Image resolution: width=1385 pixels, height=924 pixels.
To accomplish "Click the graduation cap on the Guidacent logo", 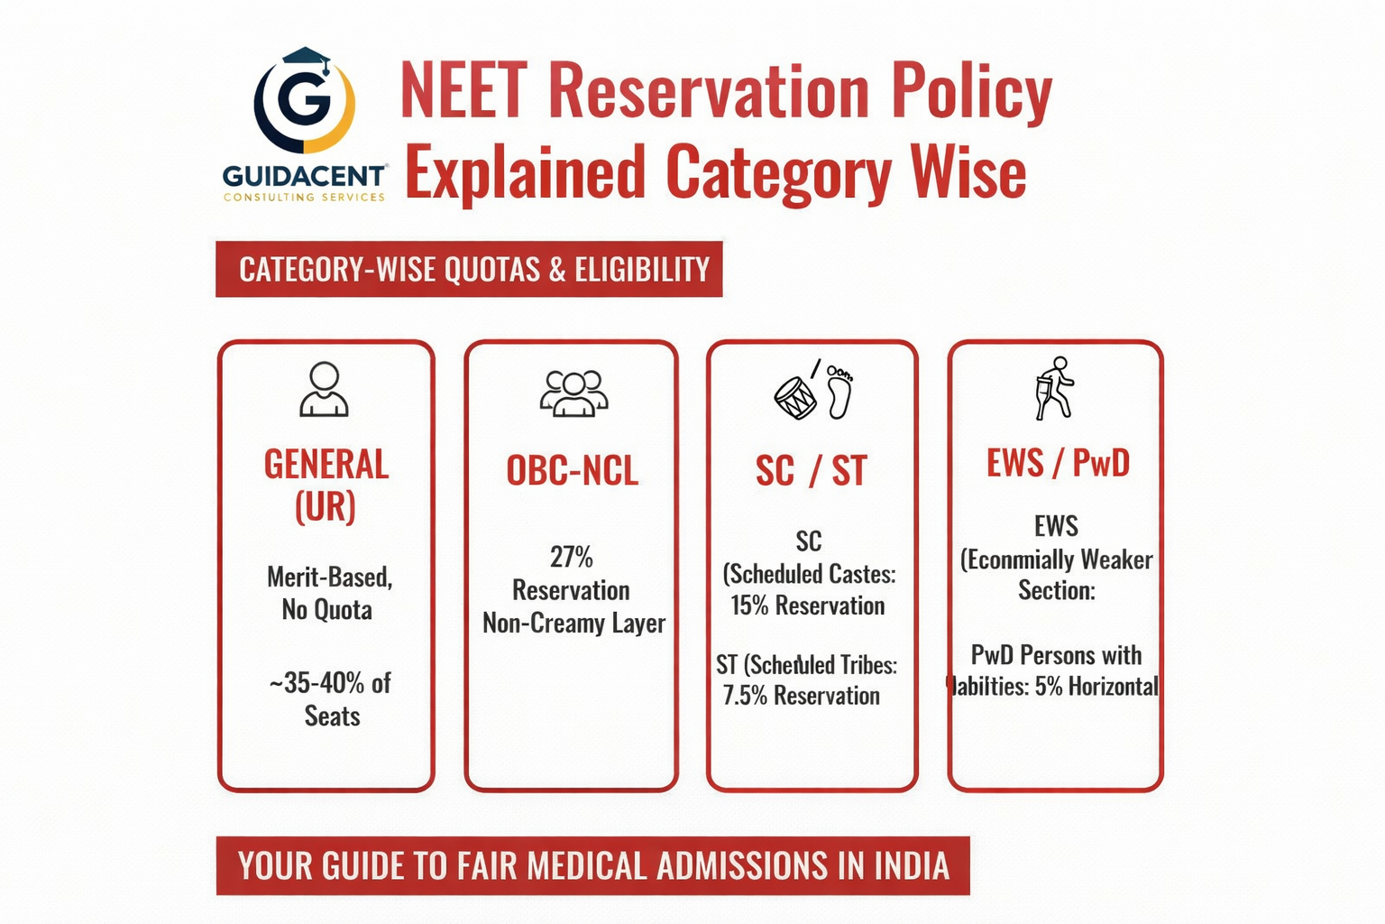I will click(306, 60).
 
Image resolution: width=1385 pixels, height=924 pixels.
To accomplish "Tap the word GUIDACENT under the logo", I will click(305, 175).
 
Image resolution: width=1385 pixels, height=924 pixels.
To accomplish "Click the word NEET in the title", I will click(463, 90).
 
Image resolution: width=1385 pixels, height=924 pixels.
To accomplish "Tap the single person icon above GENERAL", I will click(324, 389).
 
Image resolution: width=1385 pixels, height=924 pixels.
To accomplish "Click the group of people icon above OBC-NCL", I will click(573, 393).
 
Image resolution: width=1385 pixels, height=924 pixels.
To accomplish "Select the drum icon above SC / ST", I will click(795, 397).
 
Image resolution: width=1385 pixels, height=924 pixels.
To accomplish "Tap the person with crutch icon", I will click(1054, 388).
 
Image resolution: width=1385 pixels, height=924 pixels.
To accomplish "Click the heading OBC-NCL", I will click(573, 471).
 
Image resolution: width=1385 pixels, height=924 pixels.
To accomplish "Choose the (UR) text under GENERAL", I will click(326, 507).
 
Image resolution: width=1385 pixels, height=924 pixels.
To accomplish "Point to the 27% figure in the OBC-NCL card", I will click(572, 558).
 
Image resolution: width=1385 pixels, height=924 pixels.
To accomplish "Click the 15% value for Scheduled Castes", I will click(749, 605).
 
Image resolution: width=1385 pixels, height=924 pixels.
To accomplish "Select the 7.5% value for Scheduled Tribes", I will click(744, 696).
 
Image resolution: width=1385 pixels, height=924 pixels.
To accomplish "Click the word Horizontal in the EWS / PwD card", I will click(1114, 687).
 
